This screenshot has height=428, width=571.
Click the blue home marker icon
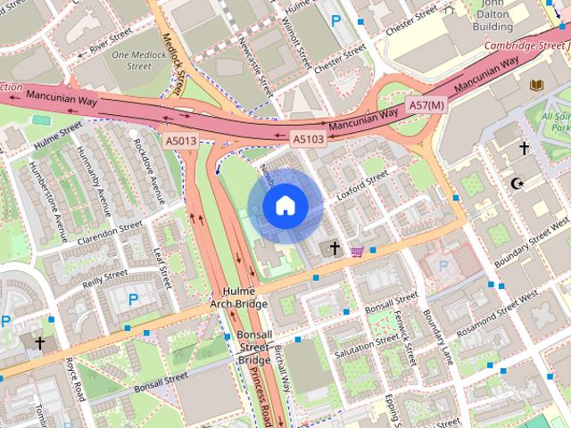285,206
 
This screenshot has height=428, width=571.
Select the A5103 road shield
309,139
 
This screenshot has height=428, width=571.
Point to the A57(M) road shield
426,106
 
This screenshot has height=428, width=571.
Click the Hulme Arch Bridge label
238,298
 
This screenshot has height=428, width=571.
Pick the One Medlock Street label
132,60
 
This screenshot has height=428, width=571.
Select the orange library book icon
536,85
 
